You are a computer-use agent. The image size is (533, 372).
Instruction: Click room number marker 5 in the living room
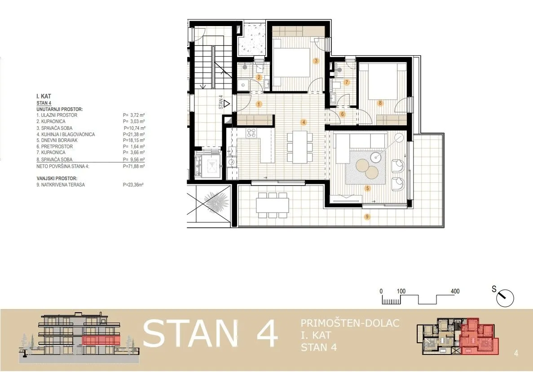367,188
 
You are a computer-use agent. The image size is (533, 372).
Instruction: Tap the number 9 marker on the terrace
367,217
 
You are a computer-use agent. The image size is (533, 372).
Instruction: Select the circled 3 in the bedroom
316,61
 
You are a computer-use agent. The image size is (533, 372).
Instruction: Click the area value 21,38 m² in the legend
134,134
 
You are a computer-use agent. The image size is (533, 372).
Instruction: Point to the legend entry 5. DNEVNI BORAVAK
57,141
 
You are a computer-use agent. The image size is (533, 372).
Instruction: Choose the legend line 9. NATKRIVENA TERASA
61,185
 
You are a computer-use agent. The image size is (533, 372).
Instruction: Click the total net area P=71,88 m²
134,167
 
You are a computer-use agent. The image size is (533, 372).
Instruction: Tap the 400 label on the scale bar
455,292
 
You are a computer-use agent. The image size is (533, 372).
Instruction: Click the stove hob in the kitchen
251,133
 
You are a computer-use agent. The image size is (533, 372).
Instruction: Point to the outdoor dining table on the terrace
273,205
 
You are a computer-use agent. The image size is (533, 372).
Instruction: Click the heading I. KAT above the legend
44,97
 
